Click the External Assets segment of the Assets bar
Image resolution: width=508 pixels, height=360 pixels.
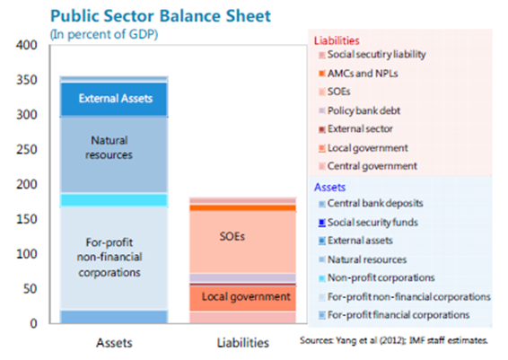114,100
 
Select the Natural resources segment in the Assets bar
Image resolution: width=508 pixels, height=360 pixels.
114,154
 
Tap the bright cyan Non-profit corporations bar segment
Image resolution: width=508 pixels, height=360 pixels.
114,200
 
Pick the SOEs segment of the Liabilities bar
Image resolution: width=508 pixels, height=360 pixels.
242,241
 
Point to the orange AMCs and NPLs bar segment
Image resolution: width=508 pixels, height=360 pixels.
242,207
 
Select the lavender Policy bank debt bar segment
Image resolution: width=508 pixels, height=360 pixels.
242,278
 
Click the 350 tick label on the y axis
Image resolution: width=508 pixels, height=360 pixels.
27,80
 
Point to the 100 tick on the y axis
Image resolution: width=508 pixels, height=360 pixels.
27,254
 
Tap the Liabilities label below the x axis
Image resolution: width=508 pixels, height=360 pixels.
243,343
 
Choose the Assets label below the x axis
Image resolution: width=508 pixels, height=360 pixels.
114,343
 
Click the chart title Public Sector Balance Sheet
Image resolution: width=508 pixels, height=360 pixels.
161,16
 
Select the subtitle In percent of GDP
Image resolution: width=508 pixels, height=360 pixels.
104,34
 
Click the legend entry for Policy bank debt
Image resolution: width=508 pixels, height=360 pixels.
360,110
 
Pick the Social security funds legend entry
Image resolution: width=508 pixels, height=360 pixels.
368,223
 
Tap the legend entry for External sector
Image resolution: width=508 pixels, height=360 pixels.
355,129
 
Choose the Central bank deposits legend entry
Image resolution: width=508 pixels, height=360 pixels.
371,204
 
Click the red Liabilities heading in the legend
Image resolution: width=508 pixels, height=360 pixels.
337,40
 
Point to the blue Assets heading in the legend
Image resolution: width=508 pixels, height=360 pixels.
329,188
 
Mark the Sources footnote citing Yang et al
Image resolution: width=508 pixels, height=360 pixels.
394,340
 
